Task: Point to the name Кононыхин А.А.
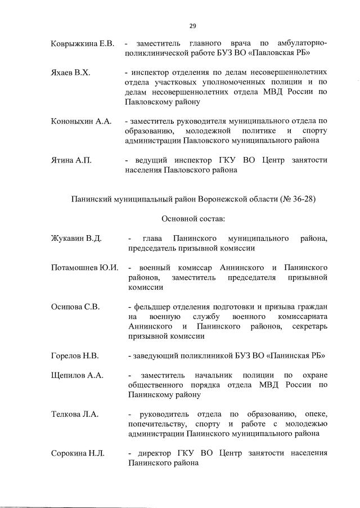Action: point(81,122)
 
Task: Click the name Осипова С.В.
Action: point(75,307)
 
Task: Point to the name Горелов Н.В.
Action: point(75,356)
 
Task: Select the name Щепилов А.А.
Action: point(77,375)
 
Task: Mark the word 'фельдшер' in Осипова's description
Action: point(149,307)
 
